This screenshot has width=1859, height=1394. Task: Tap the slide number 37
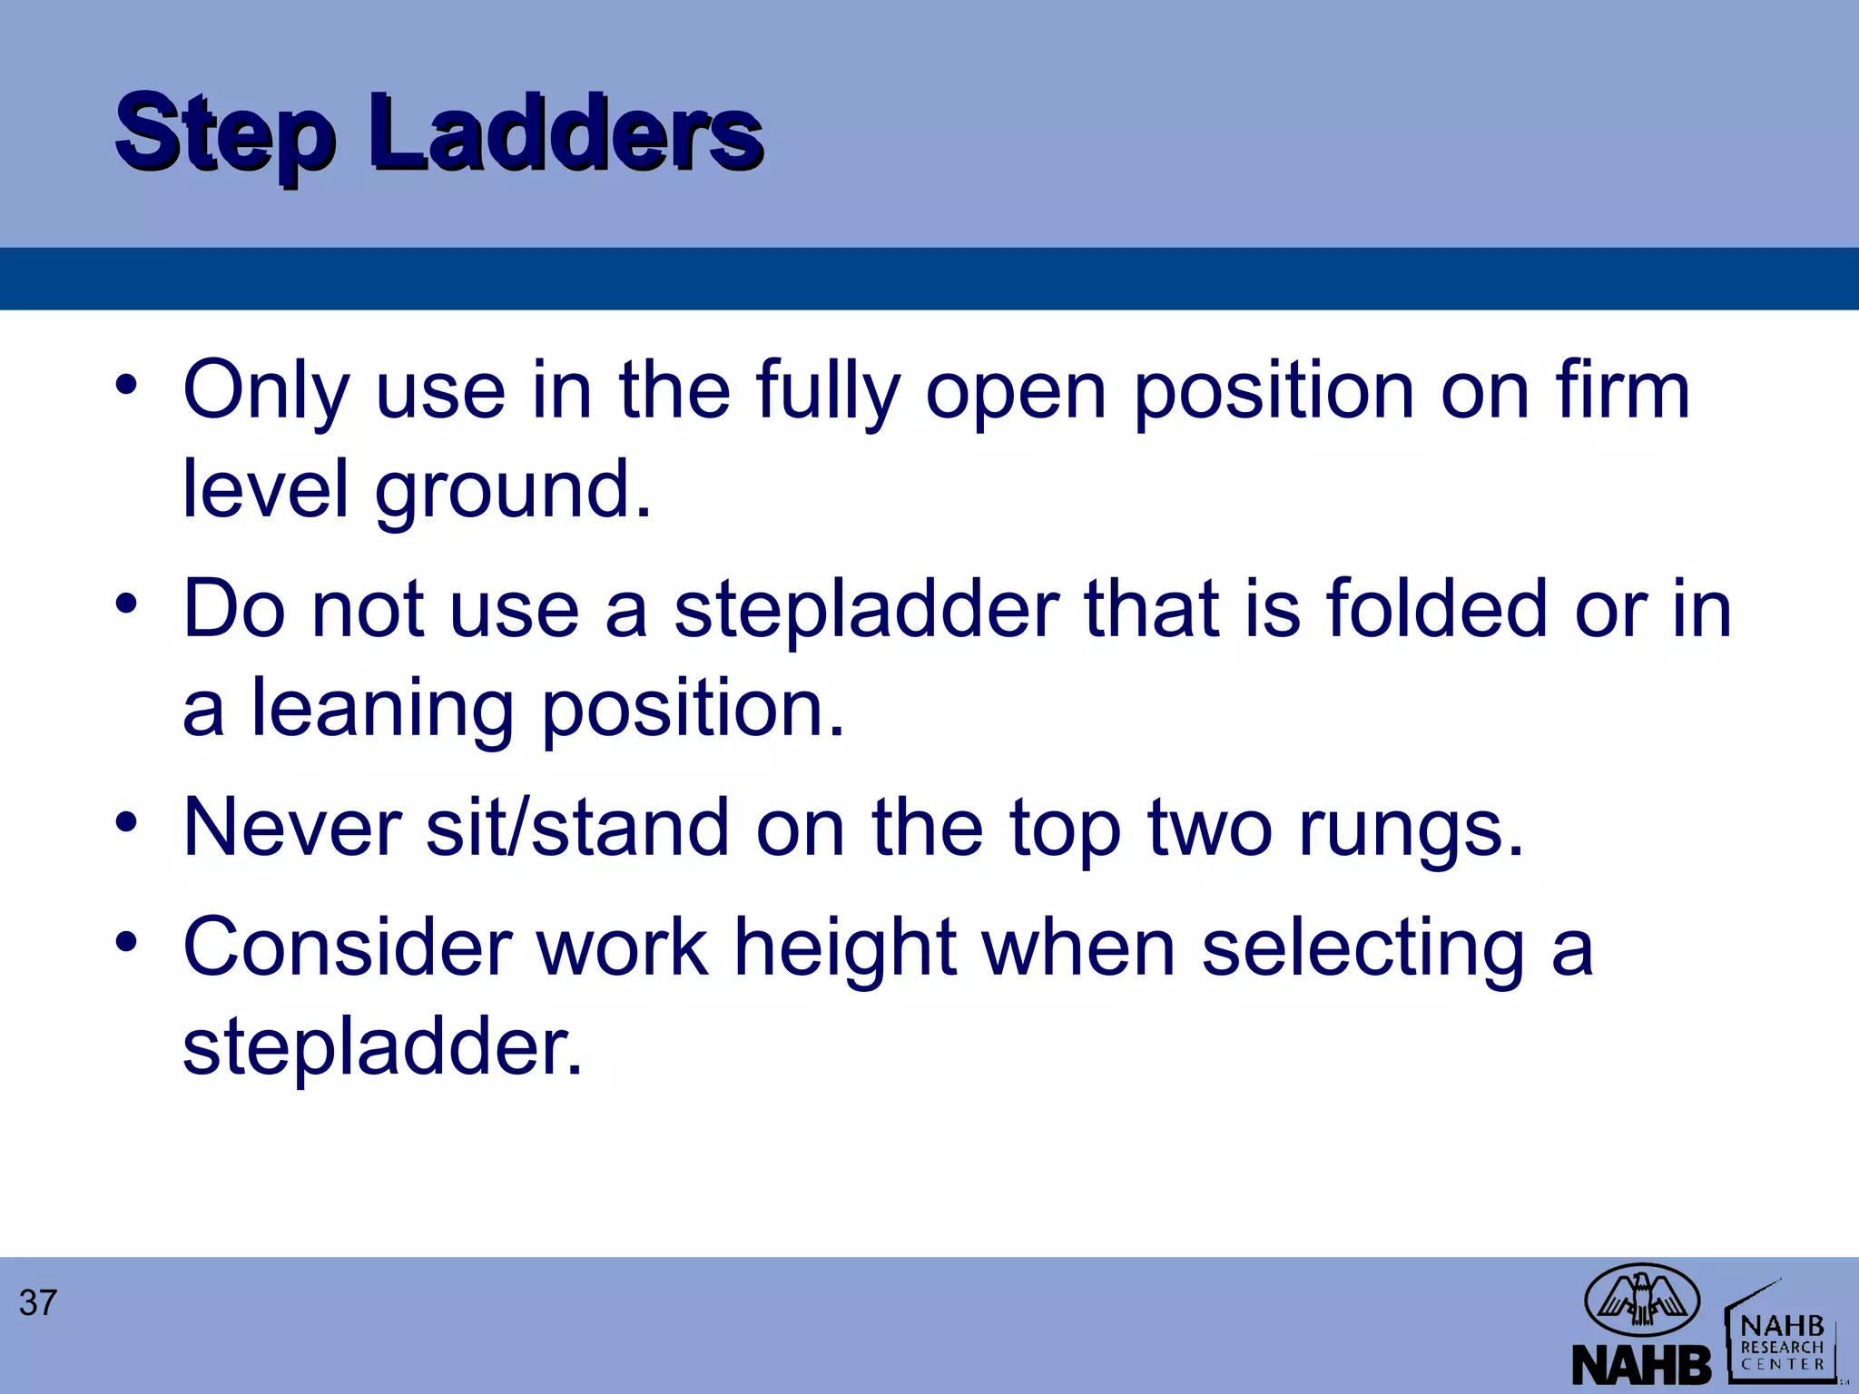[38, 1303]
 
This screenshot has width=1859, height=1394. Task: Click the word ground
[513, 491]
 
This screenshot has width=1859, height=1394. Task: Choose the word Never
[292, 827]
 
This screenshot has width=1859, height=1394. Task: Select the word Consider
[346, 947]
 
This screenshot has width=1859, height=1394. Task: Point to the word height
[845, 948]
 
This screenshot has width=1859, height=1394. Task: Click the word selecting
[1362, 948]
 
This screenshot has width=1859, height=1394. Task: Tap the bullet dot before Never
[127, 822]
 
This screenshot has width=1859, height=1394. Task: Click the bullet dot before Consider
[127, 941]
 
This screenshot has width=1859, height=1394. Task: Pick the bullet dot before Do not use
[127, 603]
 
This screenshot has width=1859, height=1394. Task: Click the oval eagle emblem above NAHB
[1641, 1301]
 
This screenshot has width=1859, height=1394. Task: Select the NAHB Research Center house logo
[1782, 1333]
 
